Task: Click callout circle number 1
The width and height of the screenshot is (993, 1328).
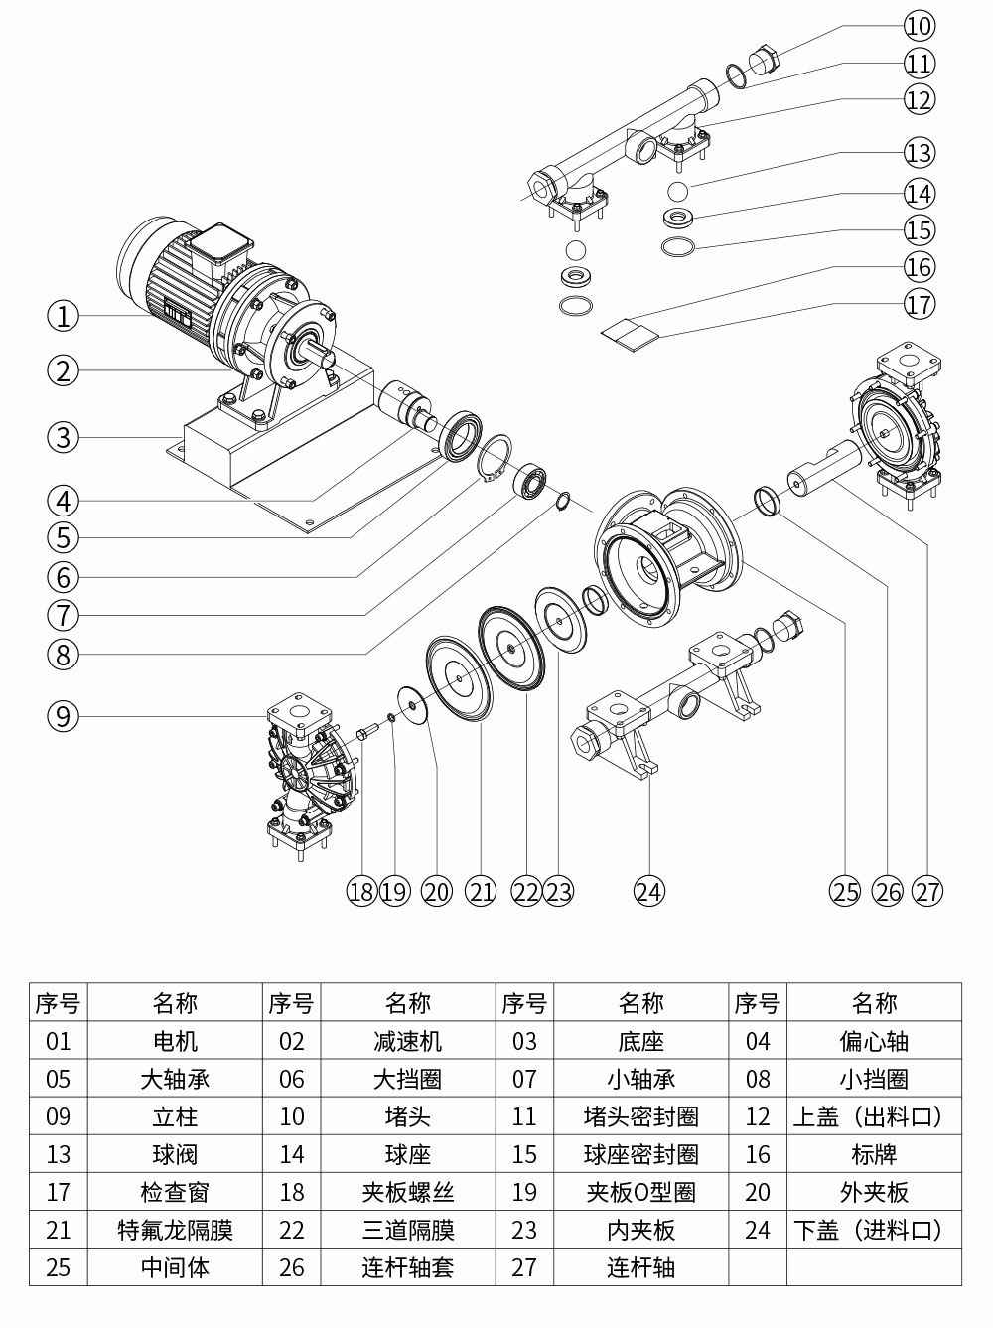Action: tap(63, 317)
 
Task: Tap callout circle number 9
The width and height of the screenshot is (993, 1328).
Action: tap(63, 716)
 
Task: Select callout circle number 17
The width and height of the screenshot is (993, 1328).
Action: tap(920, 304)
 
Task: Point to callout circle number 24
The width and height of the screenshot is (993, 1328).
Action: tap(648, 891)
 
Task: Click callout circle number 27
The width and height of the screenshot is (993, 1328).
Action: tap(927, 891)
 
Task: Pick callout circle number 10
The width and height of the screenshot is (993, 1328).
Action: tap(920, 25)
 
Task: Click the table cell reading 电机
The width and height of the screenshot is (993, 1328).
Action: tap(175, 1041)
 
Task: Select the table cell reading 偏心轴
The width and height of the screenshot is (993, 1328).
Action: tap(873, 1041)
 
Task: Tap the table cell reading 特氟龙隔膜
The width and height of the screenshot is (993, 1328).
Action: tap(175, 1230)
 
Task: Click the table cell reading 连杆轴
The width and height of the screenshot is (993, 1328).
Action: tap(640, 1267)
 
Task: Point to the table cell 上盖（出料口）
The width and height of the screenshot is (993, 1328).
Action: tap(873, 1116)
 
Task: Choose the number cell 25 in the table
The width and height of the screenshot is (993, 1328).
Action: tap(59, 1267)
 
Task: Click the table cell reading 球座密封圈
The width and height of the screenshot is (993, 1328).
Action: tap(640, 1154)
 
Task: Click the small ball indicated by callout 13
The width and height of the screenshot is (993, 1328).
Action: tap(677, 190)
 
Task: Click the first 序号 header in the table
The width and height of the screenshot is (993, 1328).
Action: tap(59, 1003)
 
